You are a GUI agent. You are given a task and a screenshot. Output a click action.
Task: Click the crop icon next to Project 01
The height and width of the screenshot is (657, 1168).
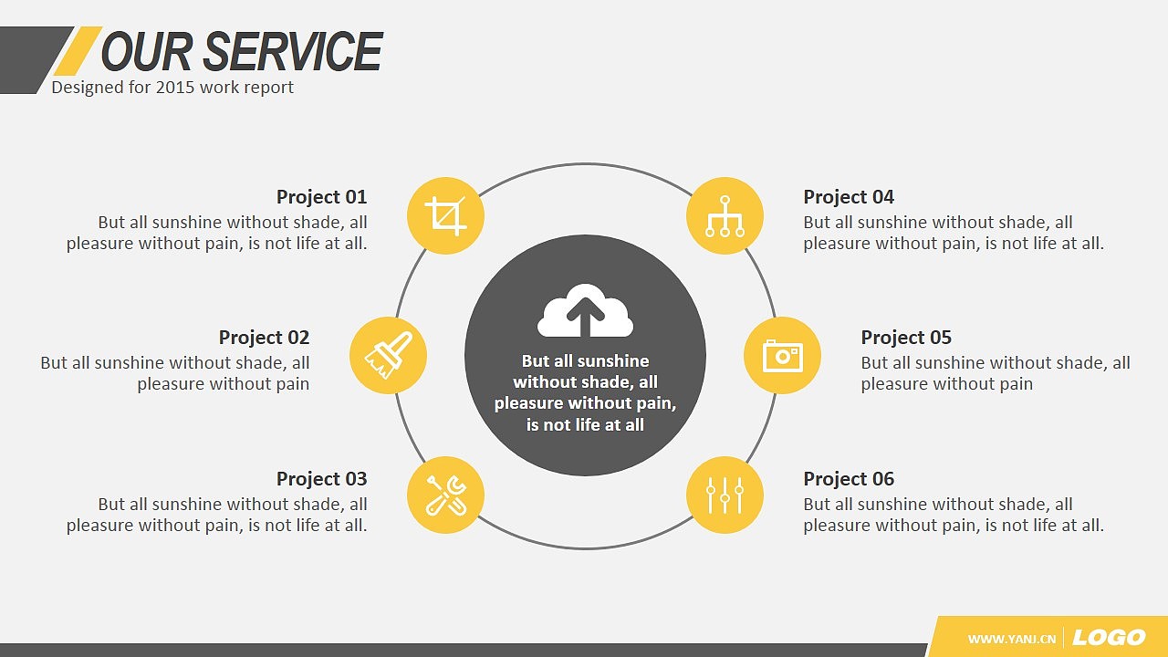tap(445, 216)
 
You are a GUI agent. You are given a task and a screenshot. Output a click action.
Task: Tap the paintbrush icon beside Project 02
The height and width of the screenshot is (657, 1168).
tap(389, 355)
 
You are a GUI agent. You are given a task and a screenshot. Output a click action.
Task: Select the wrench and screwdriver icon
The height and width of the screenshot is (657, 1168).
tap(446, 495)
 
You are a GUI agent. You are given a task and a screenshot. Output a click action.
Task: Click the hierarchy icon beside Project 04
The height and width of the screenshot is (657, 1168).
tap(725, 216)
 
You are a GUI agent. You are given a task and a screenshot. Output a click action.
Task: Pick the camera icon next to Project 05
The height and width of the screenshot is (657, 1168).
tap(783, 356)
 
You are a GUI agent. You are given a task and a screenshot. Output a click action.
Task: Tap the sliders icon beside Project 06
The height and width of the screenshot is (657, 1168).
tap(725, 495)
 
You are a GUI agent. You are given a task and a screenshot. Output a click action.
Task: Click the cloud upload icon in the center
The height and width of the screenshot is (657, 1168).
tap(585, 311)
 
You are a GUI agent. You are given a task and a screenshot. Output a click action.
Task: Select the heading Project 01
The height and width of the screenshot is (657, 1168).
tap(322, 197)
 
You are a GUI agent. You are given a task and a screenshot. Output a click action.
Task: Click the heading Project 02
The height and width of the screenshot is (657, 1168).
tap(264, 338)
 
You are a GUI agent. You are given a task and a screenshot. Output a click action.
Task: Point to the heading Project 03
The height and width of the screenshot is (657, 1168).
tap(322, 479)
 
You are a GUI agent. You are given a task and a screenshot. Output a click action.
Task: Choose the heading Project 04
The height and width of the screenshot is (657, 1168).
tap(849, 197)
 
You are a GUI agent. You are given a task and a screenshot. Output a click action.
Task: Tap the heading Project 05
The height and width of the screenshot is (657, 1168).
tap(906, 338)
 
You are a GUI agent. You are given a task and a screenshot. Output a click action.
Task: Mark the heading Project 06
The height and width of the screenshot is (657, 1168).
tap(849, 479)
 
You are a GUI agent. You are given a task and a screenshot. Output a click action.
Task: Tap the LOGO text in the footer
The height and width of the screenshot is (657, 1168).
tap(1109, 637)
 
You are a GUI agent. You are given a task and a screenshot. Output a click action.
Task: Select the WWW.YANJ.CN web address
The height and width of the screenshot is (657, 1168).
tap(1012, 639)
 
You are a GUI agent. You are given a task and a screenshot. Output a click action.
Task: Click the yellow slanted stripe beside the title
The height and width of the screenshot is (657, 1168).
tap(78, 50)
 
